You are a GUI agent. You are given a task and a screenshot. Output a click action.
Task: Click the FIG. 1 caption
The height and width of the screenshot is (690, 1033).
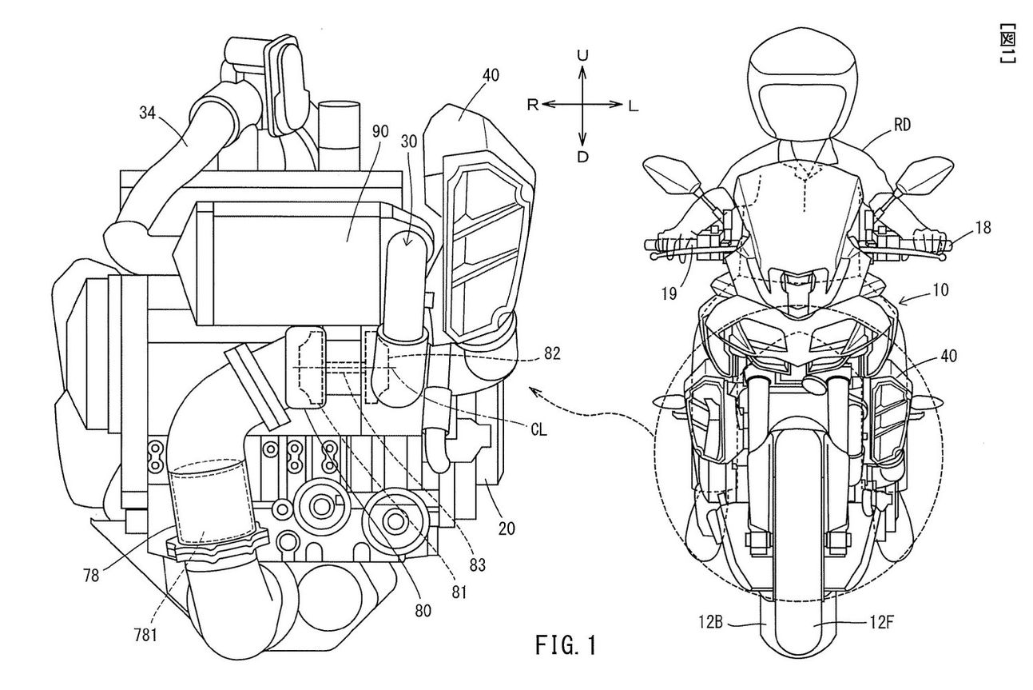(566, 644)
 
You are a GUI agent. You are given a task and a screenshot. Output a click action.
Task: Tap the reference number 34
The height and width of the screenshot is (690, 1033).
(148, 113)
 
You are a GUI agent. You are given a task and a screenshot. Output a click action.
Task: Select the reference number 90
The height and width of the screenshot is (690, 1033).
(381, 133)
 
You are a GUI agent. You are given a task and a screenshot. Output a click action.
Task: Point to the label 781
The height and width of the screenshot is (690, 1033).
(145, 636)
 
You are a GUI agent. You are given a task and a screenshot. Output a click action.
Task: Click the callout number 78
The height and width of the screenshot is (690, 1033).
(91, 576)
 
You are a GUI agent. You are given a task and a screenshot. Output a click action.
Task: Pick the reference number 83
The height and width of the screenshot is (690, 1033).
(477, 564)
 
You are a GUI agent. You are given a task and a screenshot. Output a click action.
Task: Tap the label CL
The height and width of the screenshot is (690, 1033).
(538, 430)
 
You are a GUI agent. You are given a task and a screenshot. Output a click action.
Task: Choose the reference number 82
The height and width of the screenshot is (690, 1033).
(552, 353)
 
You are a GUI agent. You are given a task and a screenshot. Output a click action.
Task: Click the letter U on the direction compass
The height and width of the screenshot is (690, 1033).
(583, 56)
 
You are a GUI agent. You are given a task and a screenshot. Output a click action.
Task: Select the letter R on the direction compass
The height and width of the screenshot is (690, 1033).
(533, 106)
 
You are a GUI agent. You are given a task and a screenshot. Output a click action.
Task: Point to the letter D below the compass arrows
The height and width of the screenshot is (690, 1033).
(583, 158)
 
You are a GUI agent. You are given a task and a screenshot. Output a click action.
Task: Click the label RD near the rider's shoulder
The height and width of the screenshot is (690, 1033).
(901, 125)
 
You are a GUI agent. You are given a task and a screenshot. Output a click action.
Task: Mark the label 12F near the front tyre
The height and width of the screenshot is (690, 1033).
(881, 624)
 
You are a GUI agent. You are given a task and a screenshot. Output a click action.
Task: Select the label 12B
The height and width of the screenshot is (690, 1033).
(710, 624)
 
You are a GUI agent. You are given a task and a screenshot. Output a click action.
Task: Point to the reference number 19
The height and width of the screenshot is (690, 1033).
(669, 293)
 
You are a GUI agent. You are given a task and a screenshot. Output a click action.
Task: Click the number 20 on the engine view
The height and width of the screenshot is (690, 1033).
(507, 528)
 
